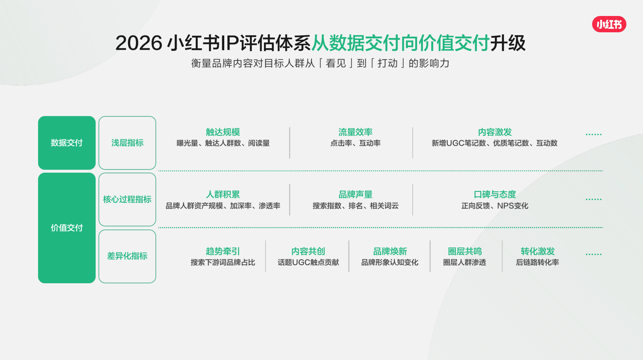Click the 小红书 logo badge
tap(609, 24)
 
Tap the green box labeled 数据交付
tap(67, 143)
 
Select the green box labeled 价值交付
tap(67, 228)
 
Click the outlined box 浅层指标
tap(127, 143)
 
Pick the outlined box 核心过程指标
tap(127, 200)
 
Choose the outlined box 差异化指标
tap(127, 256)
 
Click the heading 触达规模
tap(223, 132)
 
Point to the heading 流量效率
tap(355, 132)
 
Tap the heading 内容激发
tap(495, 132)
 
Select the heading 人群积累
tap(223, 194)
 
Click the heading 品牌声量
tap(355, 194)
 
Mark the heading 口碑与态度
tap(495, 194)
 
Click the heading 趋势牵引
tap(223, 251)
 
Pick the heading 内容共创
tap(308, 251)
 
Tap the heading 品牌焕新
tap(390, 251)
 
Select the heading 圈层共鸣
tap(465, 251)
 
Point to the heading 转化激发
tap(537, 251)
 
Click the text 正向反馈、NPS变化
tap(495, 206)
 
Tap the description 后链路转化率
tap(537, 262)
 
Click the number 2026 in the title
tap(139, 43)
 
